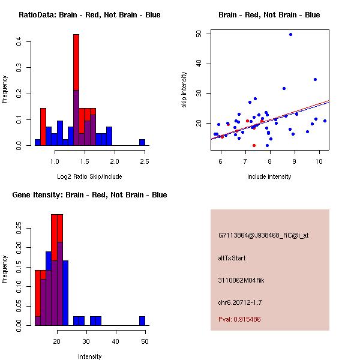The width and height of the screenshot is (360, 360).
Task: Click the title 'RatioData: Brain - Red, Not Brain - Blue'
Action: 89,15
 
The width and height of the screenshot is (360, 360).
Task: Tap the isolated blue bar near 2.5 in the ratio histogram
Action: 142,142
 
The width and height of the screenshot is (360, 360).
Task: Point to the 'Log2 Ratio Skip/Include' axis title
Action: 89,176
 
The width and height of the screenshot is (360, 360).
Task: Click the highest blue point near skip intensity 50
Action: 290,34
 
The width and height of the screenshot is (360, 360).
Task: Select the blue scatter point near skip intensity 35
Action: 315,79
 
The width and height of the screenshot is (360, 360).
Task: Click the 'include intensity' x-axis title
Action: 269,176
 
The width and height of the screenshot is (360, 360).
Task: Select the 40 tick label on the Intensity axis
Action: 116,341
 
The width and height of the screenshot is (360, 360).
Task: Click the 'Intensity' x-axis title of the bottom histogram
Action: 89,356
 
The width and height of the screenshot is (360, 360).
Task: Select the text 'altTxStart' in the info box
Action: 232,258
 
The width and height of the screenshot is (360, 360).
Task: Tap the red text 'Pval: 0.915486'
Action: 239,319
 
